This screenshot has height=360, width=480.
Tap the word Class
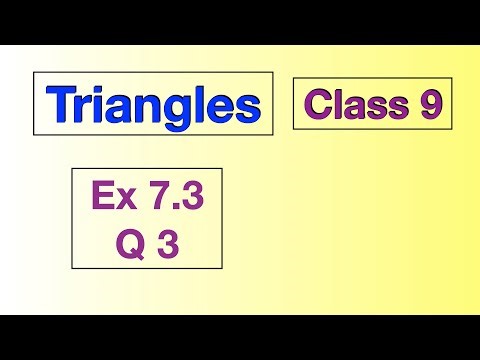tap(356, 104)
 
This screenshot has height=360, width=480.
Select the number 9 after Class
tap(430, 104)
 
